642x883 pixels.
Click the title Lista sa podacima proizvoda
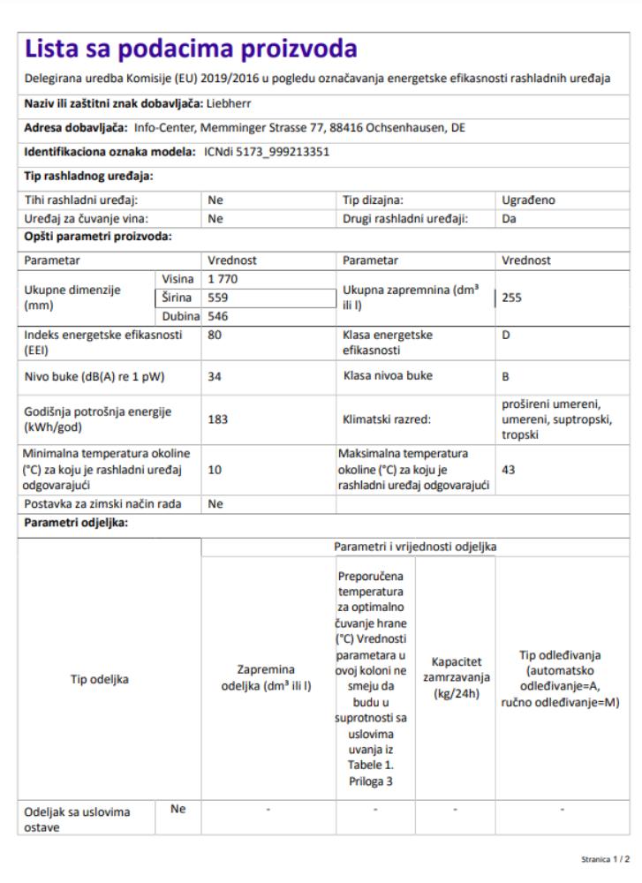pyautogui.click(x=191, y=49)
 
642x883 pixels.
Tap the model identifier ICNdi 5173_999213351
pyautogui.click(x=261, y=152)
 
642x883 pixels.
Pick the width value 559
pyautogui.click(x=217, y=298)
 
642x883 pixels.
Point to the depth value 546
pyautogui.click(x=217, y=316)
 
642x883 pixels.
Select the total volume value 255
pyautogui.click(x=513, y=298)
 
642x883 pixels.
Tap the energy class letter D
pyautogui.click(x=506, y=336)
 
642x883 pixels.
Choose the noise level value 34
pyautogui.click(x=214, y=376)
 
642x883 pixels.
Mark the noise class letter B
pyautogui.click(x=506, y=376)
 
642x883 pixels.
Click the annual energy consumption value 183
pyautogui.click(x=217, y=419)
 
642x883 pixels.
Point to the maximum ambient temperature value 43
pyautogui.click(x=509, y=470)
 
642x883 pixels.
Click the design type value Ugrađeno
pyautogui.click(x=528, y=200)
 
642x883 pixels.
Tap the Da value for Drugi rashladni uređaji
pyautogui.click(x=509, y=218)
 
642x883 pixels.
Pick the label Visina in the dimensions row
pyautogui.click(x=176, y=279)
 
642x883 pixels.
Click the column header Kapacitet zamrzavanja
pyautogui.click(x=455, y=677)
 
